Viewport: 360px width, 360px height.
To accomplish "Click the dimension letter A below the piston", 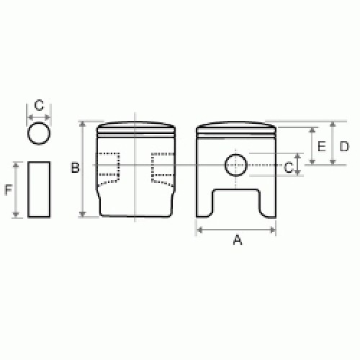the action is coord(238,240).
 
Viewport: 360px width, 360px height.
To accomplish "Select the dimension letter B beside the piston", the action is coord(76,168).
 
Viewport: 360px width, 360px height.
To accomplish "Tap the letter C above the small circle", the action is coord(39,105).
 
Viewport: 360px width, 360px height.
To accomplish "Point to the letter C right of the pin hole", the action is coord(288,167).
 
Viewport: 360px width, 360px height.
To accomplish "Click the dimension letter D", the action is coord(344,146).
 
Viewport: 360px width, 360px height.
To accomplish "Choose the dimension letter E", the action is coord(322,146).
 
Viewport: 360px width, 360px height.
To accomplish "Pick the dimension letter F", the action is coord(9,190).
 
